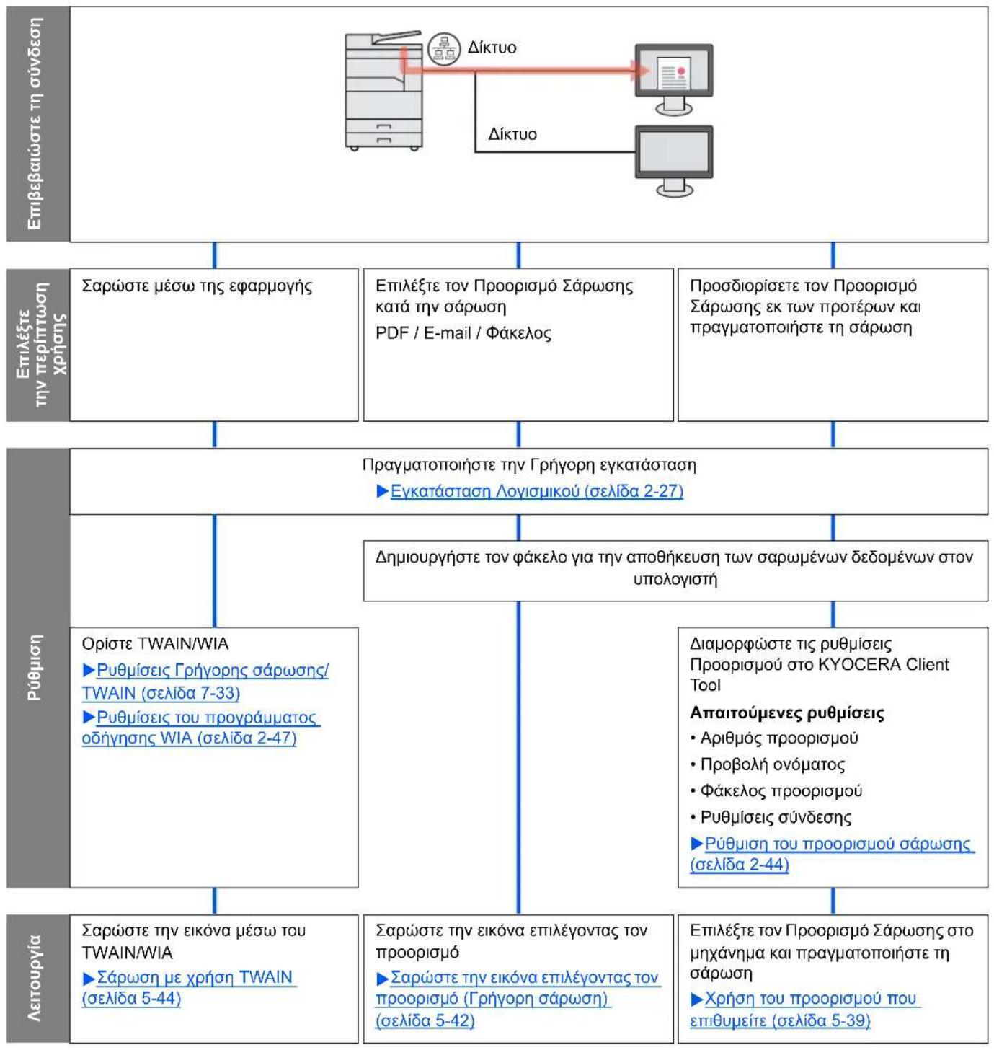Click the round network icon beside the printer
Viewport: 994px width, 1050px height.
pos(443,50)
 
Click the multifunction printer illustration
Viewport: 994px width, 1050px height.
pos(383,91)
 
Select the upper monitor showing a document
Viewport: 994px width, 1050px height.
pos(674,80)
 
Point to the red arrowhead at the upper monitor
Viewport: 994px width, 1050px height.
pos(641,70)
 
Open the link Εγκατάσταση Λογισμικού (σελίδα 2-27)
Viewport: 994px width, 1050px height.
pos(530,491)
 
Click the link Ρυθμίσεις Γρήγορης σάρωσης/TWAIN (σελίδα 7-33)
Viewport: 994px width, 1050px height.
pos(205,681)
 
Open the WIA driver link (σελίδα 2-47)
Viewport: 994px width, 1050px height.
pos(201,727)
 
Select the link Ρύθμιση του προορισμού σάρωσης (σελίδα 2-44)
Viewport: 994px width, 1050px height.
pos(833,853)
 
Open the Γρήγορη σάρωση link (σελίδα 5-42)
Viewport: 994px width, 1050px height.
pos(518,998)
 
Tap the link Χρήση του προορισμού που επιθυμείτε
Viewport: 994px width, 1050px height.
pos(806,1009)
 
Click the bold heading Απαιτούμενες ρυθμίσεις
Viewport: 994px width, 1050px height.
pos(787,712)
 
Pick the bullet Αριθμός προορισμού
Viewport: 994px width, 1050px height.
pos(774,738)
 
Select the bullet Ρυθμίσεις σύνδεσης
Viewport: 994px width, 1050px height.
pos(771,817)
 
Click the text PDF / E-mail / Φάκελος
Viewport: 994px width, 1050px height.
pos(463,332)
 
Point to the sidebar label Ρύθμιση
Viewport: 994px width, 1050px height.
pos(34,667)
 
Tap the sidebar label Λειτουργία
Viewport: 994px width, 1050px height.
pos(34,979)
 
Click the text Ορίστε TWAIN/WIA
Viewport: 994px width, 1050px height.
pos(156,643)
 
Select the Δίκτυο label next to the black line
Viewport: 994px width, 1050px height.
pos(512,134)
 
